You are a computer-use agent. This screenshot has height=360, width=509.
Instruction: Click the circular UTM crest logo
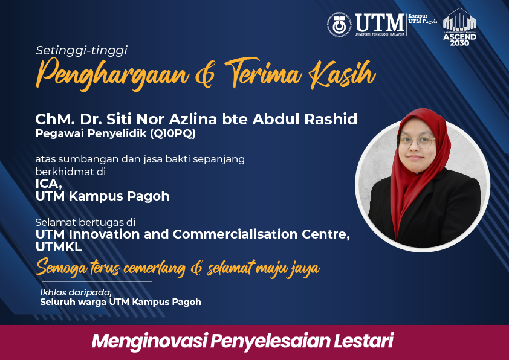pyautogui.click(x=339, y=25)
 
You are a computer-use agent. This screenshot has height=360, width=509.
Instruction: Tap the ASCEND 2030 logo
pyautogui.click(x=459, y=27)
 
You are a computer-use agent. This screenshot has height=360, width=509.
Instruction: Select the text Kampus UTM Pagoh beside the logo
pyautogui.click(x=423, y=19)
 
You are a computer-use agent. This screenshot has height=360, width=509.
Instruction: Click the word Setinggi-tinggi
pyautogui.click(x=82, y=51)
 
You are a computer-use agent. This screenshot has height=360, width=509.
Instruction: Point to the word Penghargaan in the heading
pyautogui.click(x=112, y=74)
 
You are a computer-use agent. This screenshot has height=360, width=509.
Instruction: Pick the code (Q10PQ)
pyautogui.click(x=173, y=133)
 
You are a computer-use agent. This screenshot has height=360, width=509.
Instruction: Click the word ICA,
pyautogui.click(x=49, y=184)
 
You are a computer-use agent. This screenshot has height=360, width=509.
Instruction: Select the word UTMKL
pyautogui.click(x=59, y=247)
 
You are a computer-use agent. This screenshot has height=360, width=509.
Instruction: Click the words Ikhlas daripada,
pyautogui.click(x=76, y=292)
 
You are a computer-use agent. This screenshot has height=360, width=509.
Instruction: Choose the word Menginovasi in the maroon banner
pyautogui.click(x=150, y=342)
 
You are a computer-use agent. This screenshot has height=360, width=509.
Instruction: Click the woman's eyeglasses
pyautogui.click(x=417, y=142)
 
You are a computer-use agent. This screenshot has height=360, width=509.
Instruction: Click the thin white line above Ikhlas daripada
pyautogui.click(x=97, y=281)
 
